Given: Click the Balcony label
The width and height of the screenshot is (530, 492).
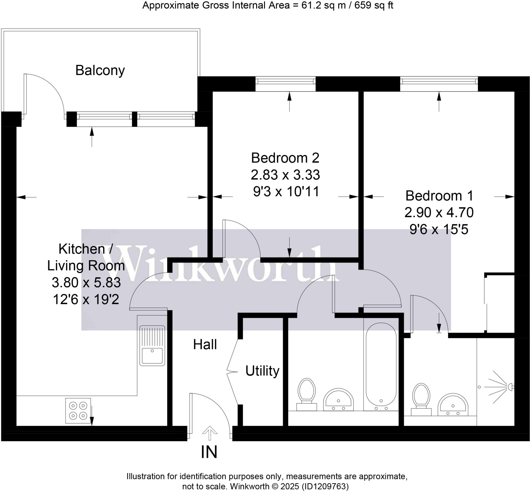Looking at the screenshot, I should tap(100, 70).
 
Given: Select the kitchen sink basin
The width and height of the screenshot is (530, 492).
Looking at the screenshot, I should tap(152, 356).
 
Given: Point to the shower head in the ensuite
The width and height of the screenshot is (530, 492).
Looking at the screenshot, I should tap(509, 387).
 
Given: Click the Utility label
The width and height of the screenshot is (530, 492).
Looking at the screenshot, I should tap(262, 371).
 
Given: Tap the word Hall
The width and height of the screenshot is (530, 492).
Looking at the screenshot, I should tap(205, 345).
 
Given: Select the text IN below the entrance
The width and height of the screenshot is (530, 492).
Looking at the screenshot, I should tap(209, 452).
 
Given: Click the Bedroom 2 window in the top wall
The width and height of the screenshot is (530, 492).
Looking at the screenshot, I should tap(285, 84).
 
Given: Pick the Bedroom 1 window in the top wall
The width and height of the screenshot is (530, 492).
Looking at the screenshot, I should tap(439, 84).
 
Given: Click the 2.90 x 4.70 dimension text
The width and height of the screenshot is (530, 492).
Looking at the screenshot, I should tap(439, 212).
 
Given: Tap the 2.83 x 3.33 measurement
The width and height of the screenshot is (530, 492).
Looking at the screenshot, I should tap(285, 175).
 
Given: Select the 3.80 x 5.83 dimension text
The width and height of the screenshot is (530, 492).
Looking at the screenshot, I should tap(86, 282).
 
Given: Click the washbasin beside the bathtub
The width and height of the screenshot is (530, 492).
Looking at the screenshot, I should tap(338, 400).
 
